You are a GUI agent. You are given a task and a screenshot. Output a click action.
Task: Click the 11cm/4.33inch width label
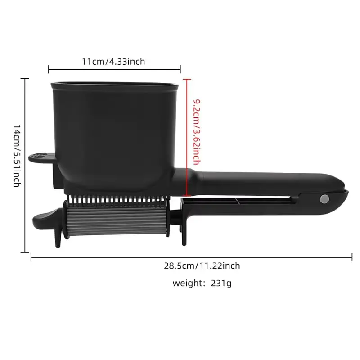pyautogui.click(x=114, y=62)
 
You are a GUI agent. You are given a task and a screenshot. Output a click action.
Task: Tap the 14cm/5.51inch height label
pyautogui.click(x=17, y=156)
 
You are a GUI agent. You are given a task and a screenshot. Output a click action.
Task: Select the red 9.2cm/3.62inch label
pyautogui.click(x=197, y=132)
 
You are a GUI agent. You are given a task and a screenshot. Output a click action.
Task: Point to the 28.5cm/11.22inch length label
pyautogui.click(x=202, y=265)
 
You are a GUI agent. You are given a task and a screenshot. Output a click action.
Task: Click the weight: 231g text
pyautogui.click(x=202, y=283)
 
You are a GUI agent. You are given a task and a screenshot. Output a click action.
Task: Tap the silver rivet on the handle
pyautogui.click(x=324, y=199)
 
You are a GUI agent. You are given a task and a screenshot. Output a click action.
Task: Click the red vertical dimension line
pyautogui.click(x=187, y=138)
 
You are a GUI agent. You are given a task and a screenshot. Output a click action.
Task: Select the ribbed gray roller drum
pyautogui.click(x=116, y=220)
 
